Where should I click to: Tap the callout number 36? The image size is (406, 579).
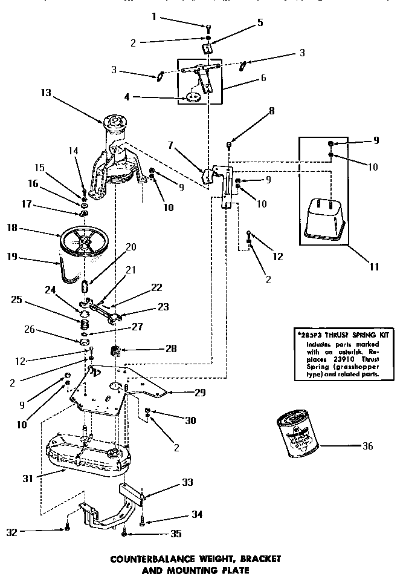367,447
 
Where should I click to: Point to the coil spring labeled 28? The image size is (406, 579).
115,350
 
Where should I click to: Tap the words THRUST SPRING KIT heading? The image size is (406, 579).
354,334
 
